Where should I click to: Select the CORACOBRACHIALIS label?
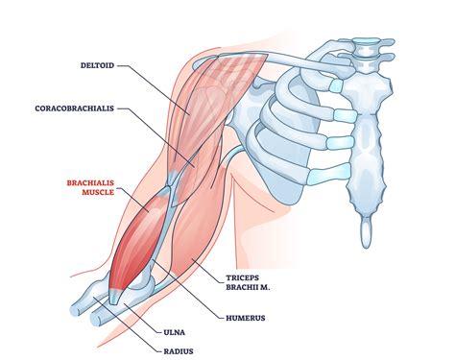(x=76, y=108)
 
